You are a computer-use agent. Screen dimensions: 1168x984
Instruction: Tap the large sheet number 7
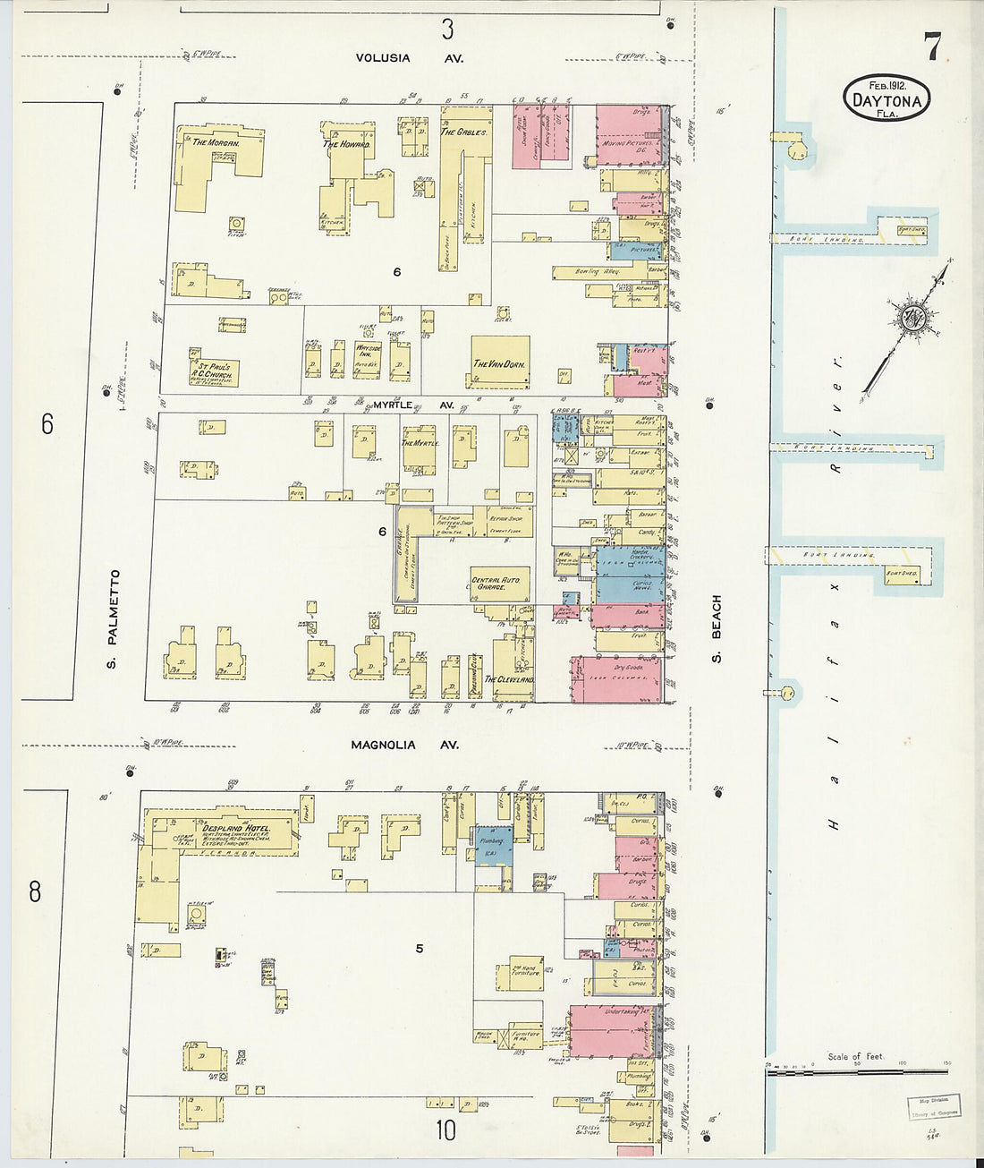(932, 47)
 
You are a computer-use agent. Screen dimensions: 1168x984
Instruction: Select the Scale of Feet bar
(856, 1070)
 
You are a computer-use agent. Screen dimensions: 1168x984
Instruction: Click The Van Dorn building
(499, 362)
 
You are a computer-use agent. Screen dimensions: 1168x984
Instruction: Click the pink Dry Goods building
(616, 678)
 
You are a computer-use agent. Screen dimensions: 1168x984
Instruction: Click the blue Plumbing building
(493, 844)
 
